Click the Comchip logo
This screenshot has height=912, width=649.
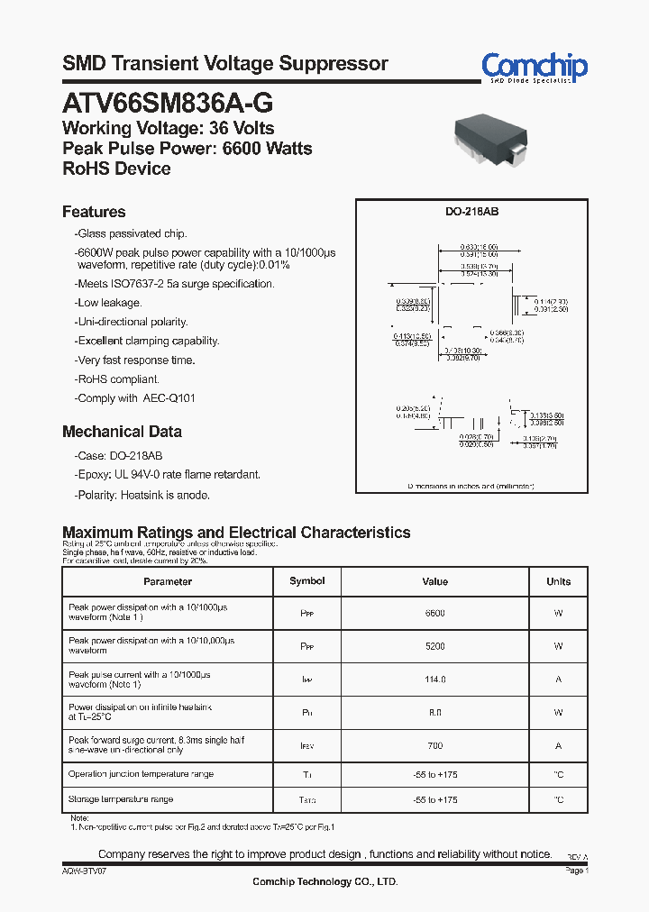pyautogui.click(x=534, y=67)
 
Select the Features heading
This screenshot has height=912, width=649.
pyautogui.click(x=94, y=212)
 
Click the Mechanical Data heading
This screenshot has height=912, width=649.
pyautogui.click(x=122, y=432)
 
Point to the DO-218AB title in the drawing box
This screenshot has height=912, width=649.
pyautogui.click(x=471, y=211)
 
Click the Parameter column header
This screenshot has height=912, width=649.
pyautogui.click(x=168, y=582)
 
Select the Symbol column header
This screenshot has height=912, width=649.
pyautogui.click(x=306, y=581)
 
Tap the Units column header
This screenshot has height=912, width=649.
pyautogui.click(x=558, y=582)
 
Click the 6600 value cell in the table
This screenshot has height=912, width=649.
pyautogui.click(x=434, y=613)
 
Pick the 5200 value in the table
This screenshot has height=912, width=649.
pyautogui.click(x=434, y=646)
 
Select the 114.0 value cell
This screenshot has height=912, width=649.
pyautogui.click(x=434, y=679)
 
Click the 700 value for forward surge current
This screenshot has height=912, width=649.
pyautogui.click(x=434, y=746)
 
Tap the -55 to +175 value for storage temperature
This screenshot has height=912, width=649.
pyautogui.click(x=434, y=800)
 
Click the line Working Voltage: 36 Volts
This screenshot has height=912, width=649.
pyautogui.click(x=168, y=128)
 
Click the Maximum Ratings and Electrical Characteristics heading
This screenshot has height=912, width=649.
pyautogui.click(x=236, y=533)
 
